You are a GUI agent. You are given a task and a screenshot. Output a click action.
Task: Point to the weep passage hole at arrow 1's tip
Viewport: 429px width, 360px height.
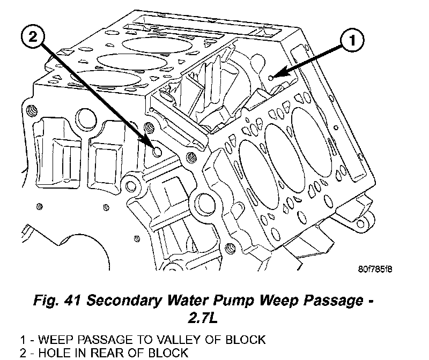pyautogui.click(x=272, y=78)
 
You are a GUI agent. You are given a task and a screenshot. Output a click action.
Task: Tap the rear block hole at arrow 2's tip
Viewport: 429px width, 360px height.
pyautogui.click(x=157, y=153)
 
